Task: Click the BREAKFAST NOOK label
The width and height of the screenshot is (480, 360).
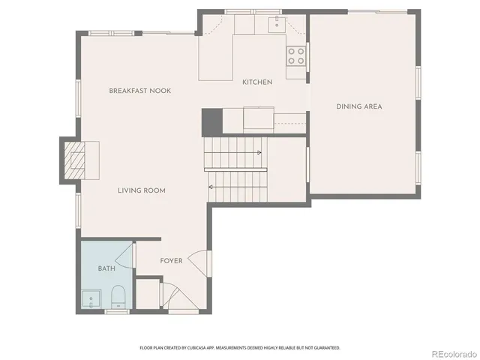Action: click(140, 91)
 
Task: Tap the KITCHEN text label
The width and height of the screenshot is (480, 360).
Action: click(256, 82)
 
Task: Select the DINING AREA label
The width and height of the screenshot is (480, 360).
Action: click(358, 106)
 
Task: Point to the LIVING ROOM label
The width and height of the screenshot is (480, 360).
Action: click(141, 190)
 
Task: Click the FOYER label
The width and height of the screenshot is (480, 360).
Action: click(171, 261)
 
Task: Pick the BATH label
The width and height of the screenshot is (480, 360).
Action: click(106, 268)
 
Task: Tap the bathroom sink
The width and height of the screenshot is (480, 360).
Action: click(91, 299)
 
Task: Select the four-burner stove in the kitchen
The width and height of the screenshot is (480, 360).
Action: click(295, 55)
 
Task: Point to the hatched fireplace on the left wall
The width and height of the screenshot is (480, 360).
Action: click(74, 159)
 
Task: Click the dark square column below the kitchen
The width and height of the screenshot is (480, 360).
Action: click(211, 121)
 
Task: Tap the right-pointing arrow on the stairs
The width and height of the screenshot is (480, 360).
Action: click(259, 153)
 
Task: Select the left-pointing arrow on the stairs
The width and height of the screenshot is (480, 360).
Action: click(212, 187)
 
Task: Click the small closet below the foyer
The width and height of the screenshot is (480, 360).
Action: click(148, 293)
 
